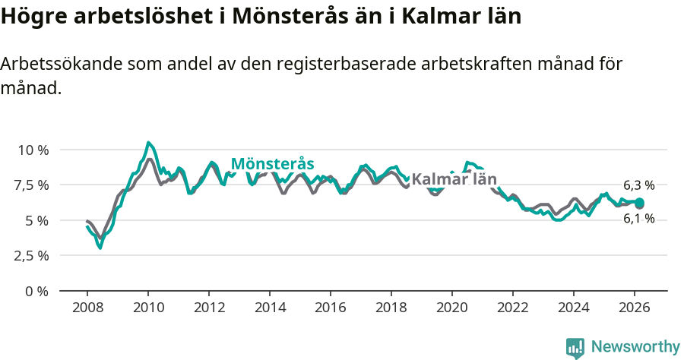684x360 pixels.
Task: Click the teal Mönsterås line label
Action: [x=272, y=164]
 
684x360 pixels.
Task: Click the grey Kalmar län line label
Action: [x=454, y=180]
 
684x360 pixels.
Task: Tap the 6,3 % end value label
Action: [x=638, y=185]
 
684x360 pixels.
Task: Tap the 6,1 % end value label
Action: [x=638, y=219]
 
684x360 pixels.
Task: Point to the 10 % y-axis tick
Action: [x=33, y=150]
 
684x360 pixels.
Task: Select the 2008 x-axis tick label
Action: [x=87, y=308]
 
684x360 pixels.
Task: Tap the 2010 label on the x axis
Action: [x=148, y=308]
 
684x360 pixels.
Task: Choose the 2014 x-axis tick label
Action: [x=270, y=308]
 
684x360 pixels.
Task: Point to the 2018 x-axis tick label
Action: [x=391, y=308]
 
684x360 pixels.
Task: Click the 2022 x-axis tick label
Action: [x=513, y=308]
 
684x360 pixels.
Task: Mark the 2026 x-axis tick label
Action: [x=635, y=308]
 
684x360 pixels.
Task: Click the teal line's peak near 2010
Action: [x=148, y=143]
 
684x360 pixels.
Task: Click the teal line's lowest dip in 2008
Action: [x=100, y=248]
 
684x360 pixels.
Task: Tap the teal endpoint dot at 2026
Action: [x=639, y=202]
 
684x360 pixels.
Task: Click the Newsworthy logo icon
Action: [x=575, y=348]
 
